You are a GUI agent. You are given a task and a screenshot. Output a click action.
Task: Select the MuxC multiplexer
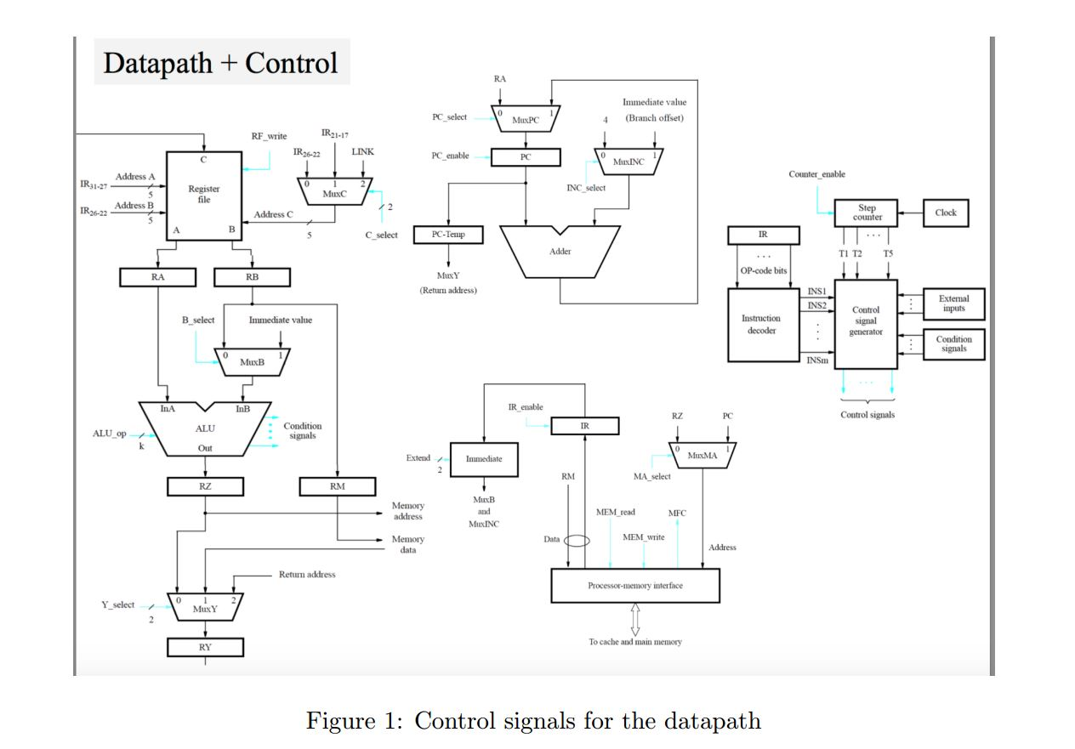(334, 191)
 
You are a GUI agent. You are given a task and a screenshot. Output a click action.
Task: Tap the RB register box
(252, 277)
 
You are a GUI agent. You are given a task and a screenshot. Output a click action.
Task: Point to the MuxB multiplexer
(251, 361)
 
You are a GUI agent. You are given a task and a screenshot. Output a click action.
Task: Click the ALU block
(205, 429)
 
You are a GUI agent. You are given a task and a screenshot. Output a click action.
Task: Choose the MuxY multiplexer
(205, 606)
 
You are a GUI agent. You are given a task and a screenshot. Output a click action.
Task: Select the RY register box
(205, 647)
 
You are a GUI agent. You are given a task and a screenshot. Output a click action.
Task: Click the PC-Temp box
(447, 235)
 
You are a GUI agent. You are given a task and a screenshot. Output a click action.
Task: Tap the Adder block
(560, 252)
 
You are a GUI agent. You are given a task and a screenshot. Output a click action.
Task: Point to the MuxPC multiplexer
(525, 119)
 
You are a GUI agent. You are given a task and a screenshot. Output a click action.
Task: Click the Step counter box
(867, 213)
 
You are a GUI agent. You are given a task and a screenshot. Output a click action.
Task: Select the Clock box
(945, 213)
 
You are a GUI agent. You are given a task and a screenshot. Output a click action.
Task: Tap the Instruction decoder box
(763, 325)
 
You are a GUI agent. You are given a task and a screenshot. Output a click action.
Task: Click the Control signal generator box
(866, 323)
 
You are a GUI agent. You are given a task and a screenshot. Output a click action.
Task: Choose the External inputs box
(953, 304)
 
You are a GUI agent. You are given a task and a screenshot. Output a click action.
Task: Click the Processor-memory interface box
(635, 586)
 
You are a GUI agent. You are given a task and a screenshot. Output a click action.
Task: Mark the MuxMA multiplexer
(702, 455)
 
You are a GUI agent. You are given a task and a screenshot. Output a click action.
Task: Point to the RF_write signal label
(269, 136)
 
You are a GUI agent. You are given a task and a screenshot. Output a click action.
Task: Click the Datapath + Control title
(221, 62)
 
